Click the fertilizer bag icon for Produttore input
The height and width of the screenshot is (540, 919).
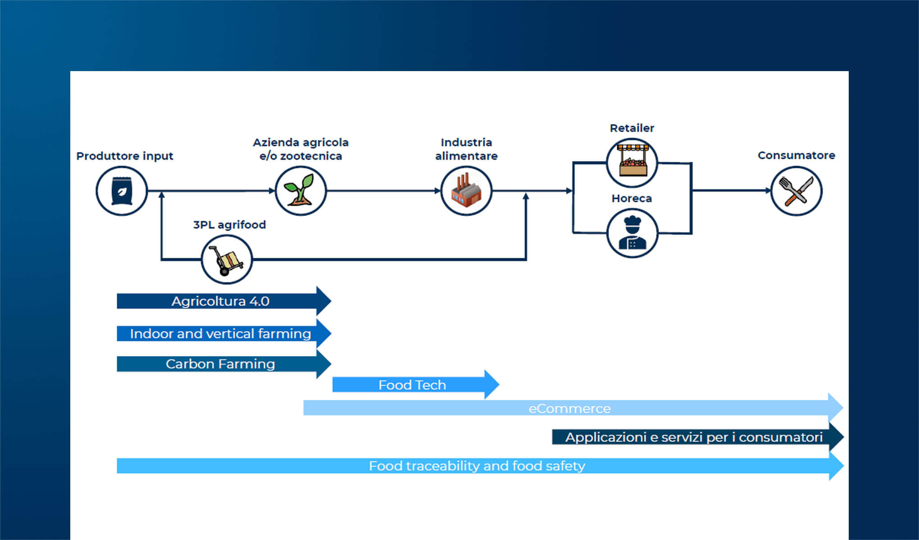click(122, 191)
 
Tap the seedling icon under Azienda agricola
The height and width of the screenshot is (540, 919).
click(300, 191)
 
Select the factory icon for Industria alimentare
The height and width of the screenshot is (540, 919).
click(466, 191)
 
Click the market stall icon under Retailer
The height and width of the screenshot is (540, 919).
click(632, 162)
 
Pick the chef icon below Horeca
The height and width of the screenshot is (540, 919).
click(632, 233)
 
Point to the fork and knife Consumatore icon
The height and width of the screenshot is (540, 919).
click(796, 191)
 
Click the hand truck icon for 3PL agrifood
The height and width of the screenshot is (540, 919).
click(227, 260)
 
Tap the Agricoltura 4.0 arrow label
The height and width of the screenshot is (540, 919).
click(220, 301)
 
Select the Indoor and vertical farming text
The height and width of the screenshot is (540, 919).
click(220, 333)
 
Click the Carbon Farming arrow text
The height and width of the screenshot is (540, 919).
click(220, 364)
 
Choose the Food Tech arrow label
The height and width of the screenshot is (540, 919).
click(412, 385)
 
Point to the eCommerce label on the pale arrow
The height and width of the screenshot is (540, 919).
click(569, 408)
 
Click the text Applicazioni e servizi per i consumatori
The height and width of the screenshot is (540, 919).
click(694, 437)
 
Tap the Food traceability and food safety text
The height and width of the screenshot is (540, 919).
click(477, 466)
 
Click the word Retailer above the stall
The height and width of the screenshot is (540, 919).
click(632, 128)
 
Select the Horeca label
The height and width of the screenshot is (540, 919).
click(632, 198)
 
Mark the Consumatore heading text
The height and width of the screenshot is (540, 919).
click(796, 155)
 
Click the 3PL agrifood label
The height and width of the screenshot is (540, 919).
click(229, 225)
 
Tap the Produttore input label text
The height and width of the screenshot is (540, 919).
click(124, 156)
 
